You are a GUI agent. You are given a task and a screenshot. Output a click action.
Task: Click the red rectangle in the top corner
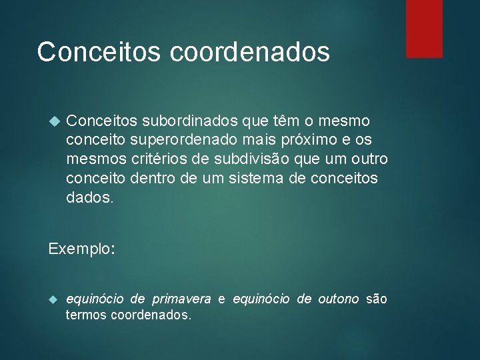(x=425, y=28)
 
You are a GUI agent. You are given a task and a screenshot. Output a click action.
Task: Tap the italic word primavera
(x=181, y=299)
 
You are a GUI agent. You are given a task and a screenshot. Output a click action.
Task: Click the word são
(x=377, y=299)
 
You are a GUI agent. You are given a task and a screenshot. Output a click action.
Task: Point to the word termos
(x=85, y=315)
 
